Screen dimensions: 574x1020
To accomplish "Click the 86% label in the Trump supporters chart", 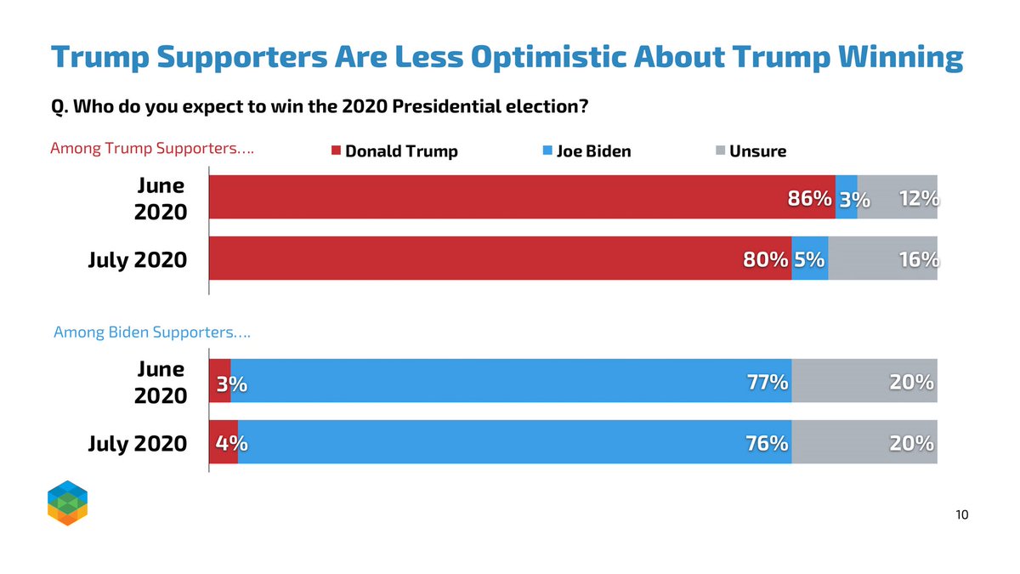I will pyautogui.click(x=809, y=199).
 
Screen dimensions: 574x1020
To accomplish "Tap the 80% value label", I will pyautogui.click(x=765, y=260).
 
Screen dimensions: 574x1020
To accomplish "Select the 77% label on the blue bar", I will pyautogui.click(x=766, y=383).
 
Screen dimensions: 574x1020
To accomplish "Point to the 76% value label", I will pyautogui.click(x=766, y=444).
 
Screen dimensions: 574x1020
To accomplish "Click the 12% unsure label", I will pyautogui.click(x=918, y=199).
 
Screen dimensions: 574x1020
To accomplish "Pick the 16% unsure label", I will pyautogui.click(x=918, y=260).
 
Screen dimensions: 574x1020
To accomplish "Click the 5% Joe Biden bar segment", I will pyautogui.click(x=810, y=259).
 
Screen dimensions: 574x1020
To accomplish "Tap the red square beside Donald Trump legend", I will pyautogui.click(x=336, y=151).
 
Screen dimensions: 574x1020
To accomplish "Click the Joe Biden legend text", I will pyautogui.click(x=594, y=151).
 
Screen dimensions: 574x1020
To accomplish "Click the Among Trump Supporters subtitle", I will pyautogui.click(x=153, y=149).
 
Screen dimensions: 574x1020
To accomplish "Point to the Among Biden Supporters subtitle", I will pyautogui.click(x=152, y=332).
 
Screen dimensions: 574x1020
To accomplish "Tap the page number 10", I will pyautogui.click(x=962, y=514).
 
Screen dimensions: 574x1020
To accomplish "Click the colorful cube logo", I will pyautogui.click(x=67, y=503).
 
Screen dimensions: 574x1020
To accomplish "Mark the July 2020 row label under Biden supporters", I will pyautogui.click(x=137, y=443).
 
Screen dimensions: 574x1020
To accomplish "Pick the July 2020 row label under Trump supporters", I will pyautogui.click(x=137, y=259).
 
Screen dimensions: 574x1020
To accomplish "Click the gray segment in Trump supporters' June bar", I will pyautogui.click(x=898, y=197).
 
